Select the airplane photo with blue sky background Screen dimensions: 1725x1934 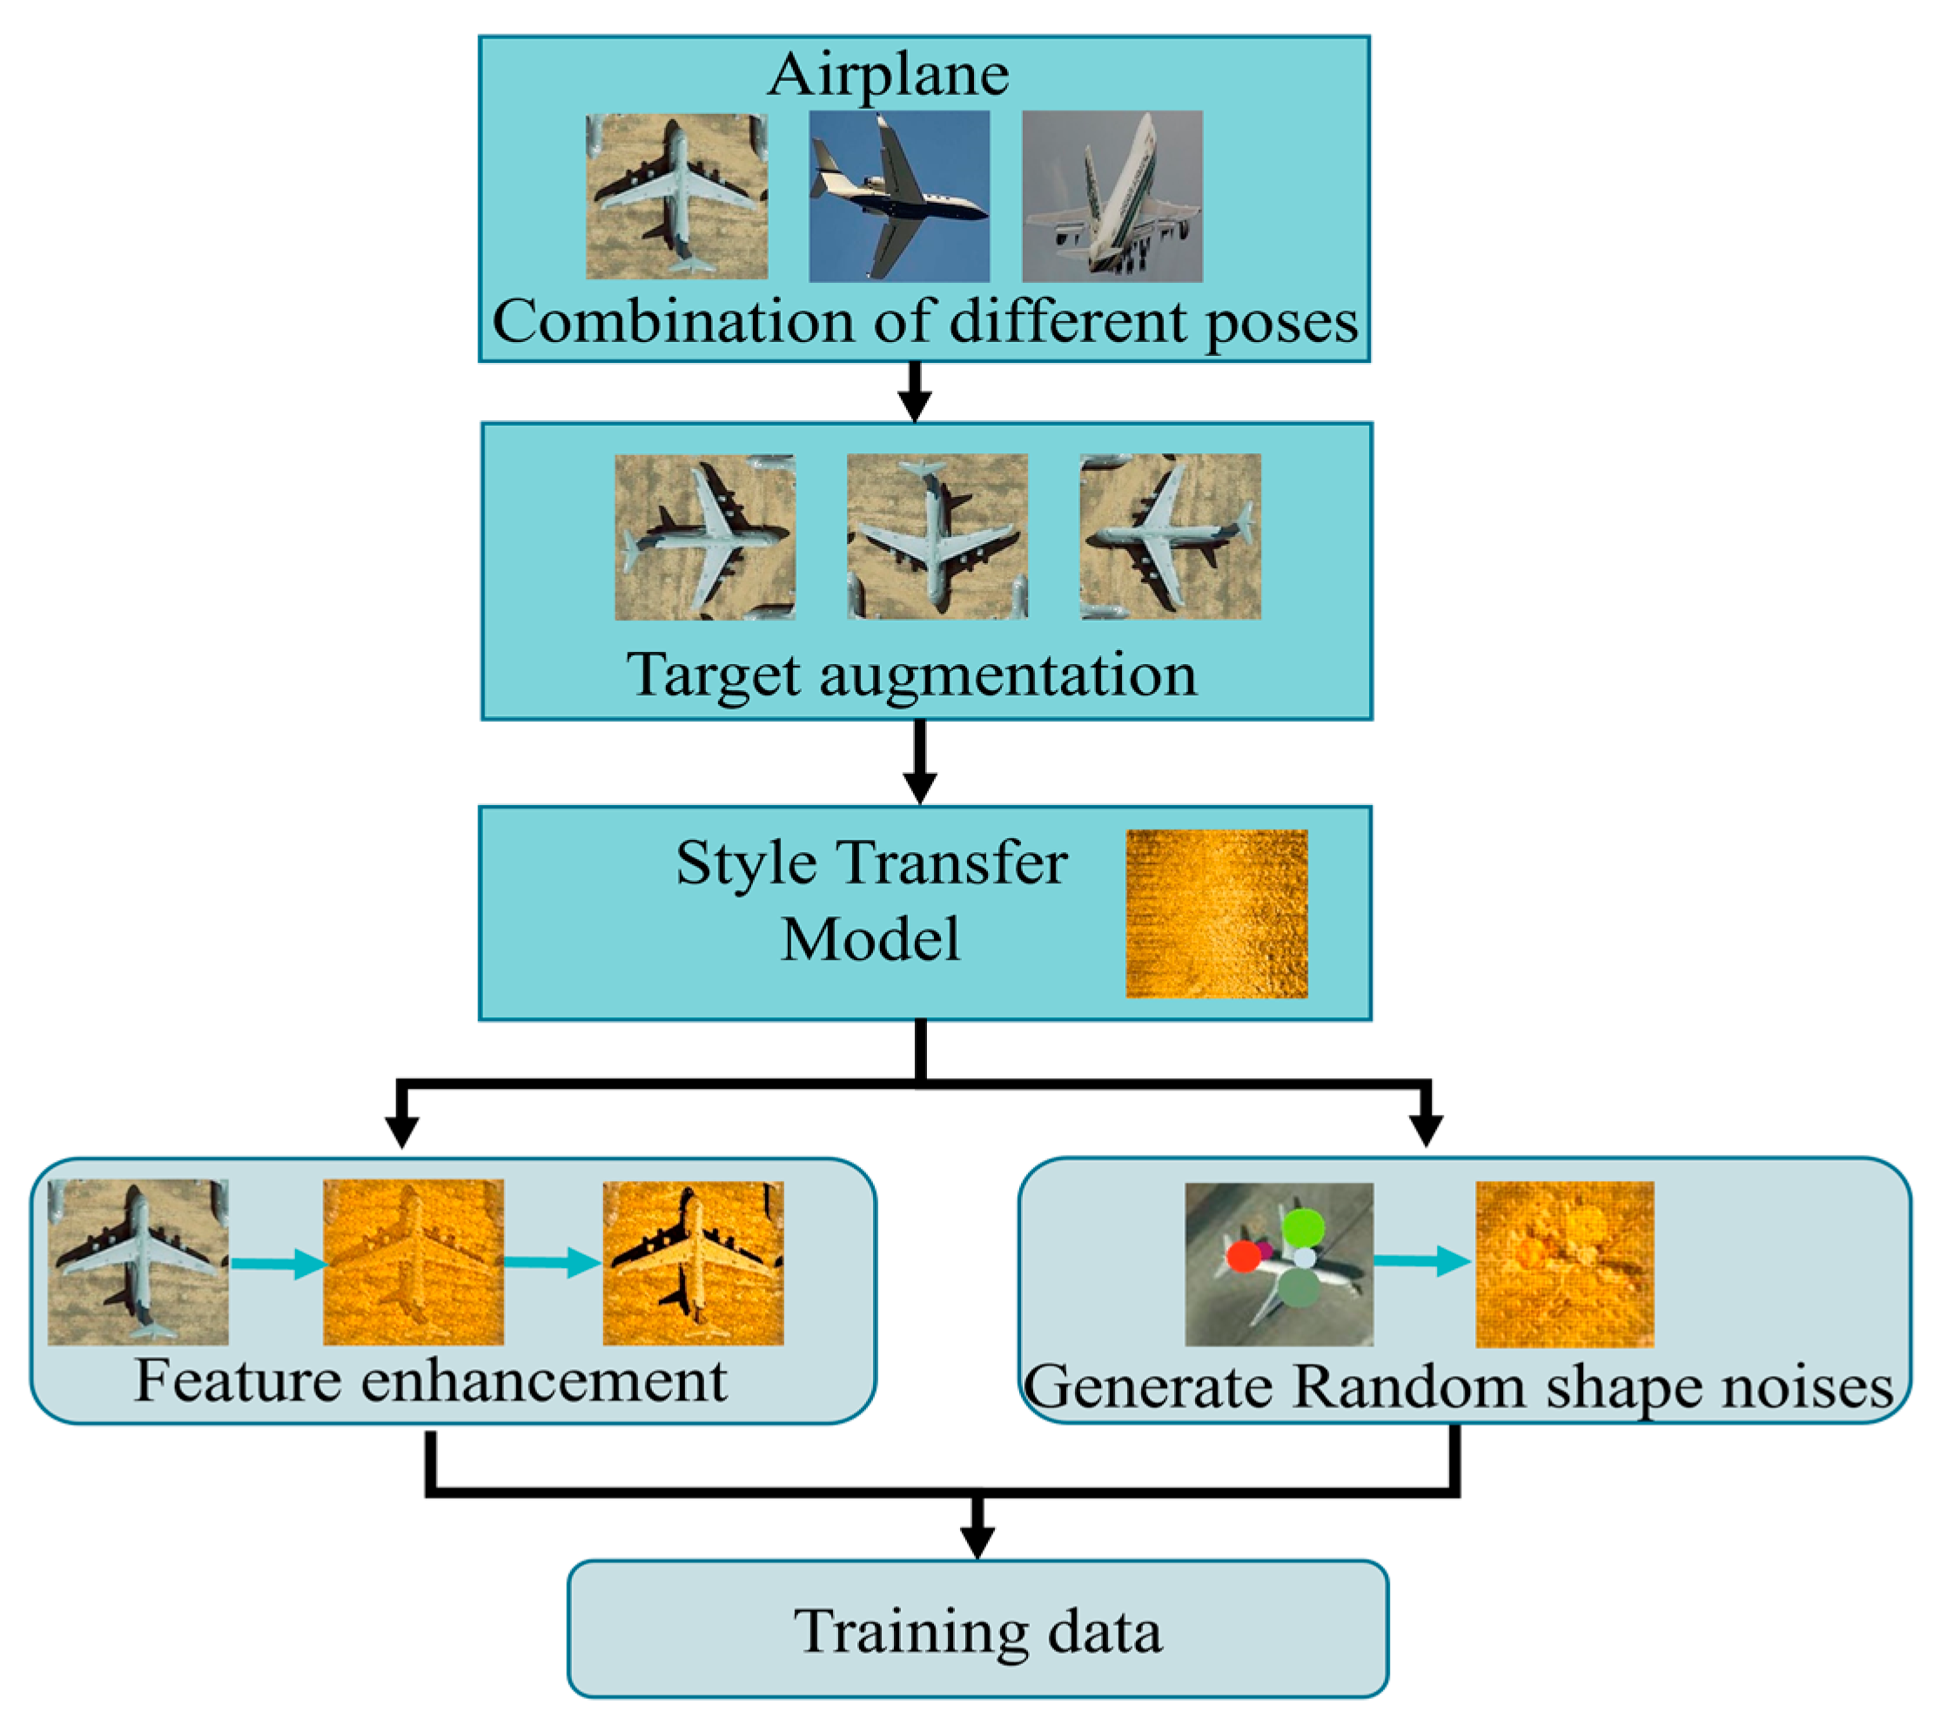[899, 196]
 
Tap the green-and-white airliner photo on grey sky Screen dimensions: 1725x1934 [1112, 196]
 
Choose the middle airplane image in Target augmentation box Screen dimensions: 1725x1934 [937, 536]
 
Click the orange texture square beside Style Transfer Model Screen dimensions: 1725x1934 [1216, 914]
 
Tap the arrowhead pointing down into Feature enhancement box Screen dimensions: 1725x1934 [402, 1131]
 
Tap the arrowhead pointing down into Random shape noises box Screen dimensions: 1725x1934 [1426, 1131]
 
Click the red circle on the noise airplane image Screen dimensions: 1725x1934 [1243, 1257]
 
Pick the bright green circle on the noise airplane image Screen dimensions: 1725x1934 [1303, 1227]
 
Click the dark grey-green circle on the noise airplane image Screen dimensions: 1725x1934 [1299, 1289]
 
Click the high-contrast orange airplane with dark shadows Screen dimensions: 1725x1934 [693, 1263]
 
